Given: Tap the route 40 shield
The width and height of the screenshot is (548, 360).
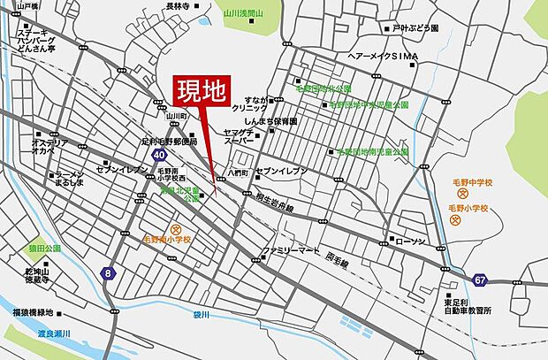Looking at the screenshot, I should (x=158, y=155).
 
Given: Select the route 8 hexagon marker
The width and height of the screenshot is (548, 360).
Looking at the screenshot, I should (x=108, y=273).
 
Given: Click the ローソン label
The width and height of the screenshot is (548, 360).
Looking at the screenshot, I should (x=410, y=241).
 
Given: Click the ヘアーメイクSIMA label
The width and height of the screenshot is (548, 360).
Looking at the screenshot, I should (x=382, y=55).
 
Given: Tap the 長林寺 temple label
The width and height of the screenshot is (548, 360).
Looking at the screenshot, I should (x=177, y=6).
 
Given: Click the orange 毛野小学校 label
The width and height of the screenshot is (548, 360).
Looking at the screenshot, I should (x=468, y=208).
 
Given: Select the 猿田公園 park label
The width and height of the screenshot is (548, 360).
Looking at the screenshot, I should (x=42, y=249).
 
